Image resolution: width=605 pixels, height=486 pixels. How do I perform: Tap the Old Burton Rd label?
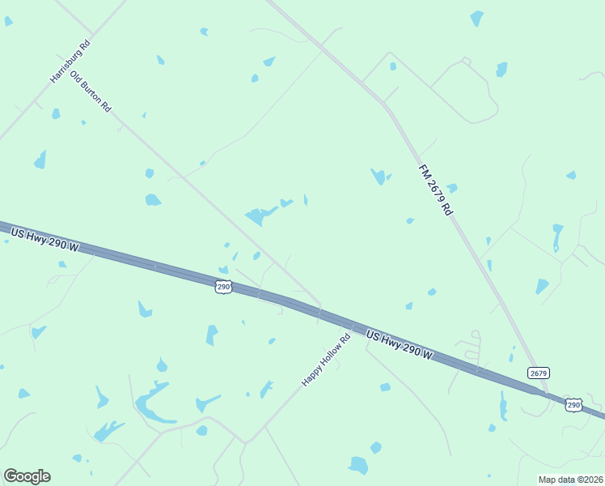pos(91,92)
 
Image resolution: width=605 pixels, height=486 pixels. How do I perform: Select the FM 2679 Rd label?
pos(434,190)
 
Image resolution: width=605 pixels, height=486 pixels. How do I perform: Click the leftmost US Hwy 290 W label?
pos(44,239)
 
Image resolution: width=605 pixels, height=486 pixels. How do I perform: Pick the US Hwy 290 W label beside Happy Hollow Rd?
pos(400,345)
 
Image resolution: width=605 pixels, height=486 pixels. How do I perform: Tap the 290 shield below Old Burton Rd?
pos(224,287)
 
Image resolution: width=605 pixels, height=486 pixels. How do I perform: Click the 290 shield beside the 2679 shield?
pos(573,405)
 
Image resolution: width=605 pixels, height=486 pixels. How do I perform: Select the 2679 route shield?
pos(539,373)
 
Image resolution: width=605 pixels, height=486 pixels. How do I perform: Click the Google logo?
pos(27,476)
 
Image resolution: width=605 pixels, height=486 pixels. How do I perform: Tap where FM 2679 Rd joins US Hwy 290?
pos(544,391)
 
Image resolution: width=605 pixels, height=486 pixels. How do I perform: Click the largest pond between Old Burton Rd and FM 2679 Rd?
pos(257,216)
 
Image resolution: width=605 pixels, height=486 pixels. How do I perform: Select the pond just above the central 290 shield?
pos(223,270)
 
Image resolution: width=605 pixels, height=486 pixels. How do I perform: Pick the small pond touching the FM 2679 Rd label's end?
pos(451,188)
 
